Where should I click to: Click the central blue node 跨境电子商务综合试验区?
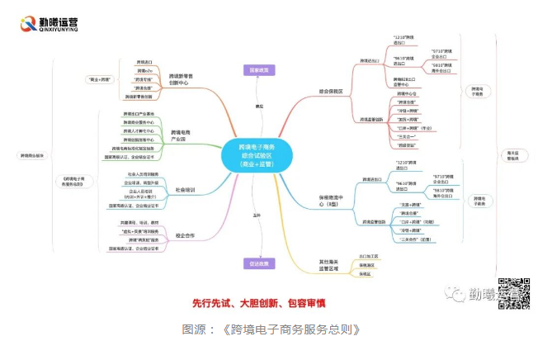pyautogui.click(x=258, y=154)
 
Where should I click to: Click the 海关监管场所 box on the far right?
pyautogui.click(x=513, y=155)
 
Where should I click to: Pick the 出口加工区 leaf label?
pyautogui.click(x=369, y=256)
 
